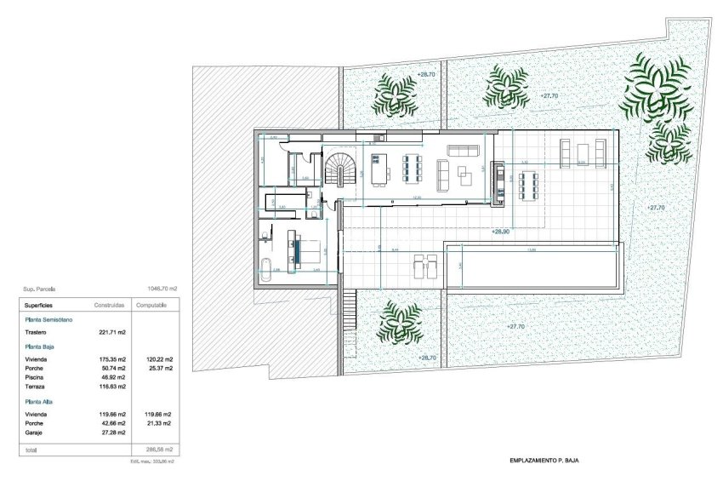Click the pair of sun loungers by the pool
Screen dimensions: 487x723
pyautogui.click(x=424, y=266)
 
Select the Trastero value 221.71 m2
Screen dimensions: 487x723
pyautogui.click(x=112, y=332)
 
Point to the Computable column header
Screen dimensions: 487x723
pyautogui.click(x=151, y=304)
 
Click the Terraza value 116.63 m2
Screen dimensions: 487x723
pyautogui.click(x=112, y=387)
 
